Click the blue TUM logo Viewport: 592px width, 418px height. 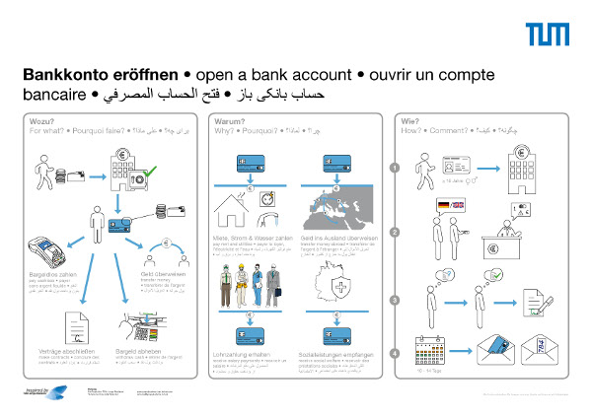(547, 35)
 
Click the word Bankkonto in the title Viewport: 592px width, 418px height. (63, 75)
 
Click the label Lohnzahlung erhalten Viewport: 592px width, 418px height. (244, 352)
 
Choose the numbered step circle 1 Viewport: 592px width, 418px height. (395, 168)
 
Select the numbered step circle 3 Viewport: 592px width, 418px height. (395, 300)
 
